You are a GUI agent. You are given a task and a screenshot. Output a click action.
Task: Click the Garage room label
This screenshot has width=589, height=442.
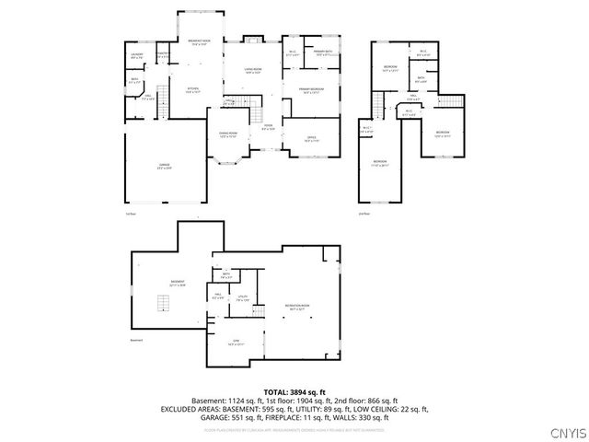pyautogui.click(x=164, y=166)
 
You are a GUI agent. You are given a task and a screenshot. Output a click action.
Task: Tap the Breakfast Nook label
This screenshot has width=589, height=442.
pyautogui.click(x=200, y=42)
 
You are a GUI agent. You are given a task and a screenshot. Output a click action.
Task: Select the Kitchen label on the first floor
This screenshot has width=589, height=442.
pyautogui.click(x=193, y=90)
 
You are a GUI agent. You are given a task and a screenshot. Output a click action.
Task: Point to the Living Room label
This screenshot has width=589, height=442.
pyautogui.click(x=252, y=70)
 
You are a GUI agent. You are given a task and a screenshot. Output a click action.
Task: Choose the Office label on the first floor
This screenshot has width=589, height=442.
pyautogui.click(x=311, y=138)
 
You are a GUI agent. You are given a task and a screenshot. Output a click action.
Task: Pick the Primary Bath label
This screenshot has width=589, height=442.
pyautogui.click(x=322, y=53)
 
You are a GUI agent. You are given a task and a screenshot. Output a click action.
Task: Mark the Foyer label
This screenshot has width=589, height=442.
pyautogui.click(x=267, y=128)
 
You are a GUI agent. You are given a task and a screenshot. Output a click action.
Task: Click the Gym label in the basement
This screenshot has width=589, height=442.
pyautogui.click(x=235, y=342)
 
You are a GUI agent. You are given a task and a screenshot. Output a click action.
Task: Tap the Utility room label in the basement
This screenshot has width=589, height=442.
pyautogui.click(x=243, y=298)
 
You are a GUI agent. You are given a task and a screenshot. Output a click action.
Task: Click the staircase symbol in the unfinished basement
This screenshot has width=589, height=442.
pyautogui.click(x=164, y=304)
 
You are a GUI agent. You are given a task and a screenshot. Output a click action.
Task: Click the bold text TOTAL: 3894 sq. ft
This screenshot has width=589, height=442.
pyautogui.click(x=294, y=392)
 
